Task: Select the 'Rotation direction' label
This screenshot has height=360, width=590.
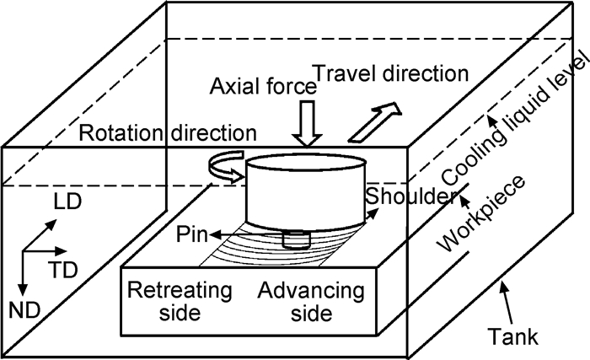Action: coord(167,132)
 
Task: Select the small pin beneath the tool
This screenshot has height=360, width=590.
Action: coord(296,239)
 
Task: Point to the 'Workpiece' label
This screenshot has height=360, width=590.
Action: coord(480,217)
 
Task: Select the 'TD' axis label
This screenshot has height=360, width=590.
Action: coord(60,269)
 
